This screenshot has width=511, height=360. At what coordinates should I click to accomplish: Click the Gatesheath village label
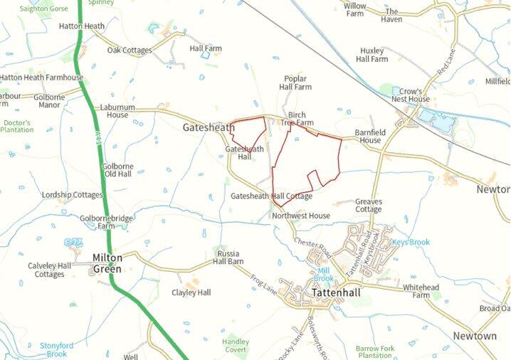[209, 127]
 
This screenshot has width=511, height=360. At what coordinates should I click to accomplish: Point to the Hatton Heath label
[81, 26]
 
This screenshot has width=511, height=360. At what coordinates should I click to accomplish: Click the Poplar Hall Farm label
[295, 82]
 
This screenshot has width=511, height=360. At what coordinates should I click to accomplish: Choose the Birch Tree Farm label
[297, 118]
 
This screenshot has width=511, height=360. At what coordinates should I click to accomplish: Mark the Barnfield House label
[369, 136]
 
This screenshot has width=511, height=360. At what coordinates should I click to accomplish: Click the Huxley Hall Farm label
[373, 55]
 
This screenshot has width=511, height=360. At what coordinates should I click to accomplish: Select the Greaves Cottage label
[369, 205]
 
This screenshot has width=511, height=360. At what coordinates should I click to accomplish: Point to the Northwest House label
[300, 216]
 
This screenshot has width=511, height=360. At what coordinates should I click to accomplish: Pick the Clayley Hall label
[191, 292]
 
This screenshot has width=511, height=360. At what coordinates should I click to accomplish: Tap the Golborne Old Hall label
[117, 170]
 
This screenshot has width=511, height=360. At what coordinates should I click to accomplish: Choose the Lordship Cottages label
[72, 195]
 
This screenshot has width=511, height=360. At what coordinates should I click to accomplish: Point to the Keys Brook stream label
[411, 243]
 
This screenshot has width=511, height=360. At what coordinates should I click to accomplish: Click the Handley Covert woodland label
[235, 346]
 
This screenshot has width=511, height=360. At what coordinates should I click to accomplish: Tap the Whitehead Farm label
[421, 290]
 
